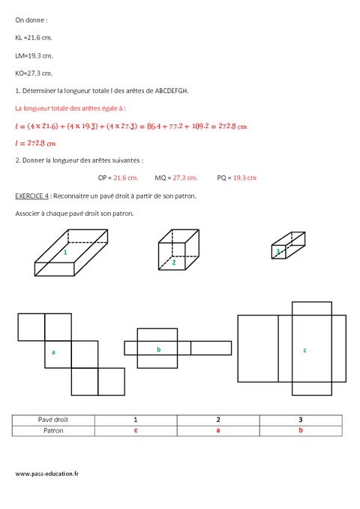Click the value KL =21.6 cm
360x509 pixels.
(x=34, y=37)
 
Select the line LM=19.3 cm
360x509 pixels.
(x=34, y=55)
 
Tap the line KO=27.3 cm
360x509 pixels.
(x=34, y=73)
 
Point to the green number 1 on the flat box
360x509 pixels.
(x=65, y=253)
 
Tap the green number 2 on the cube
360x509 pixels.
(x=173, y=262)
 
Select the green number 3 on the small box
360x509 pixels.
(x=277, y=252)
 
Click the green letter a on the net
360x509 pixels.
(x=53, y=351)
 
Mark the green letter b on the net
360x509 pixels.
(x=158, y=349)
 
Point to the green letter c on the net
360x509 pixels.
(x=304, y=350)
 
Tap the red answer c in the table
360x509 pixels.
(x=135, y=431)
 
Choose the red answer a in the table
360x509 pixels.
(x=217, y=431)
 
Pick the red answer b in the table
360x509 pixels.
(x=300, y=431)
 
